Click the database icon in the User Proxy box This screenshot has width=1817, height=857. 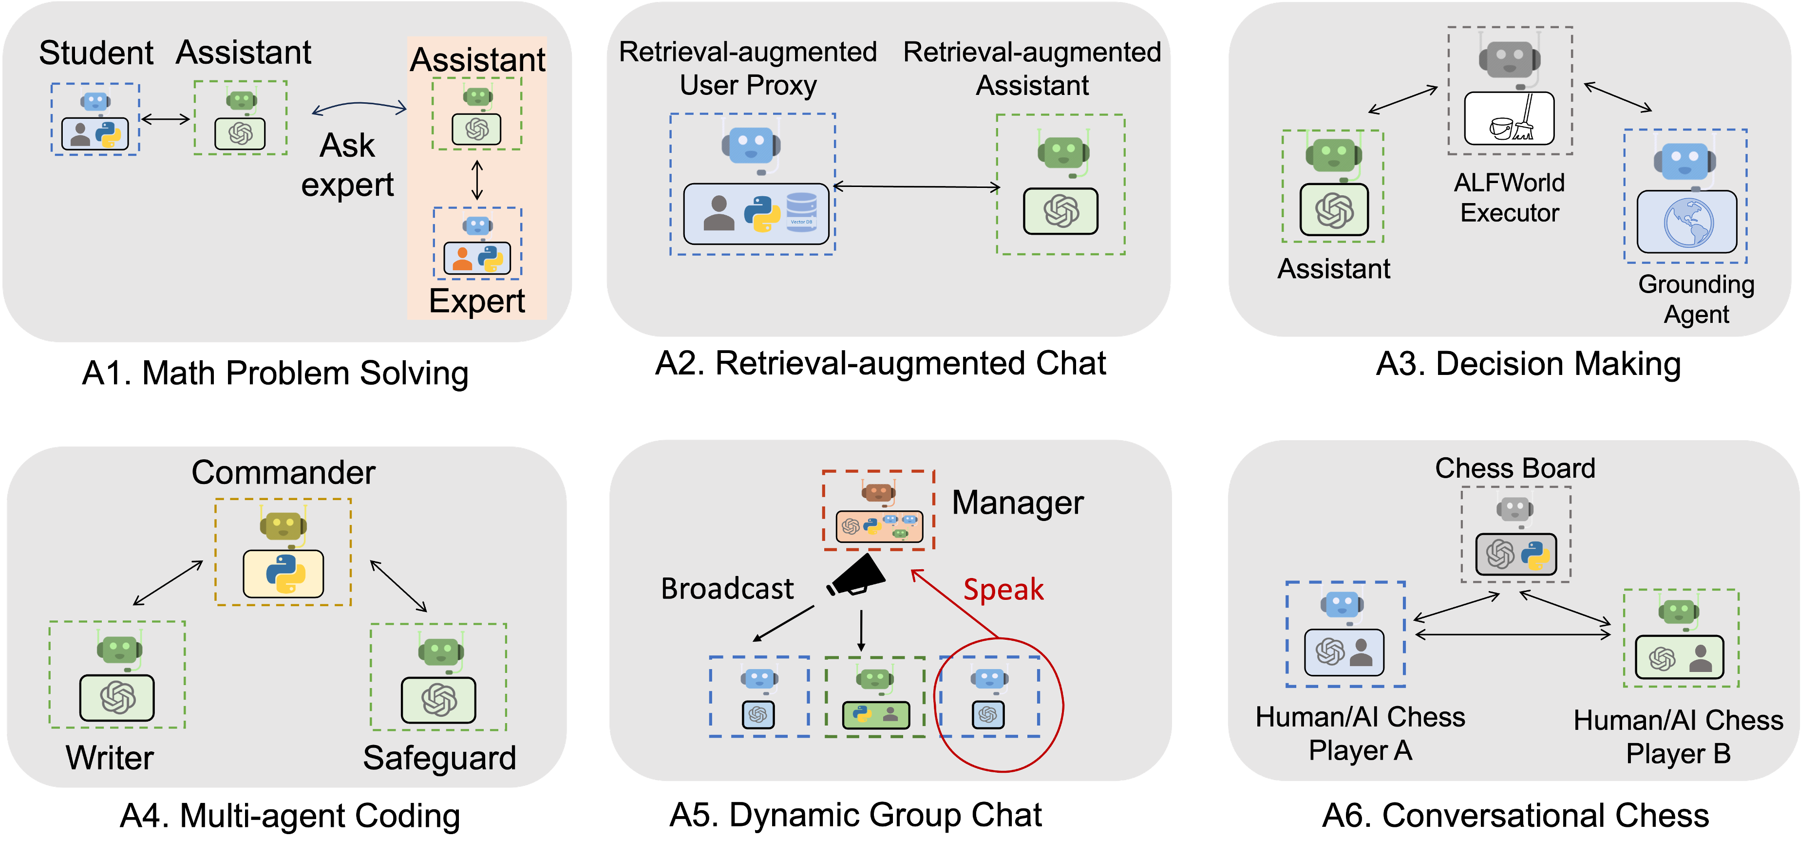[x=801, y=212]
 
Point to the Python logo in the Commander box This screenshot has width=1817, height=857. [x=285, y=574]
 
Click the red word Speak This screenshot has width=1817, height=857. [x=1003, y=590]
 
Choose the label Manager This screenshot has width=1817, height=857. [x=1017, y=503]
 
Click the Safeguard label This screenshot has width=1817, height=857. [x=439, y=758]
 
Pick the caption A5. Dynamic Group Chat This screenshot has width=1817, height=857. [x=855, y=816]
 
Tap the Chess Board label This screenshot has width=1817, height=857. [x=1515, y=468]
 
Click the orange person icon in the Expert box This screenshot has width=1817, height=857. [x=462, y=259]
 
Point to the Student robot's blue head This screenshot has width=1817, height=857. [x=95, y=102]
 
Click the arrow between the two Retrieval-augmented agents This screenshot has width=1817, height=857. [x=917, y=187]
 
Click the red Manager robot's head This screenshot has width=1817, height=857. [x=878, y=492]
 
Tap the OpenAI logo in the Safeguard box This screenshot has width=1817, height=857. [x=439, y=700]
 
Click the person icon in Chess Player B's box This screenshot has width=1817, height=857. [x=1701, y=658]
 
